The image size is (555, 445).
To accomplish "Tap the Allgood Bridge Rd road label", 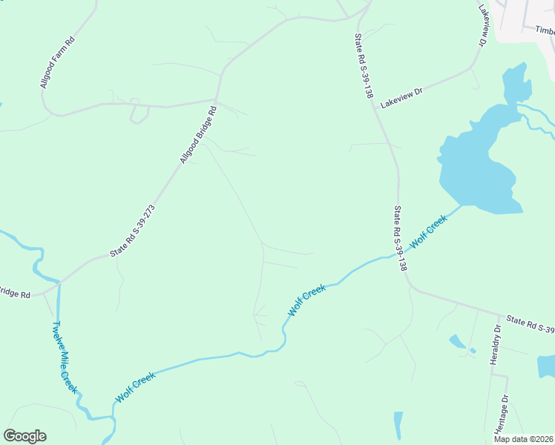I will (x=198, y=134).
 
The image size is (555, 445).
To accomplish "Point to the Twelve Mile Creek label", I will (x=65, y=357).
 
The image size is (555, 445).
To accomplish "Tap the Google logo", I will (x=24, y=436).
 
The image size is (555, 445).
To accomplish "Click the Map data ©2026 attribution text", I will (x=522, y=439).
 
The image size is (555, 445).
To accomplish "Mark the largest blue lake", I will (x=475, y=163).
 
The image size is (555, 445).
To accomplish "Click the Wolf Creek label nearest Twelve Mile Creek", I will (x=135, y=388).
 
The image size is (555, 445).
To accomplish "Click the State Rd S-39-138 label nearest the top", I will (x=363, y=66).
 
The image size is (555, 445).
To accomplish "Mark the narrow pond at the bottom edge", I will (x=398, y=426).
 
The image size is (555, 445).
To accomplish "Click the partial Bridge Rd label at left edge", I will (x=15, y=293).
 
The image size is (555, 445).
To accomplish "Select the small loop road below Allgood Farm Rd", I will (x=139, y=113).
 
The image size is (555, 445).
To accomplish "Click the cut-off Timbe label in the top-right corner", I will (x=544, y=30).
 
